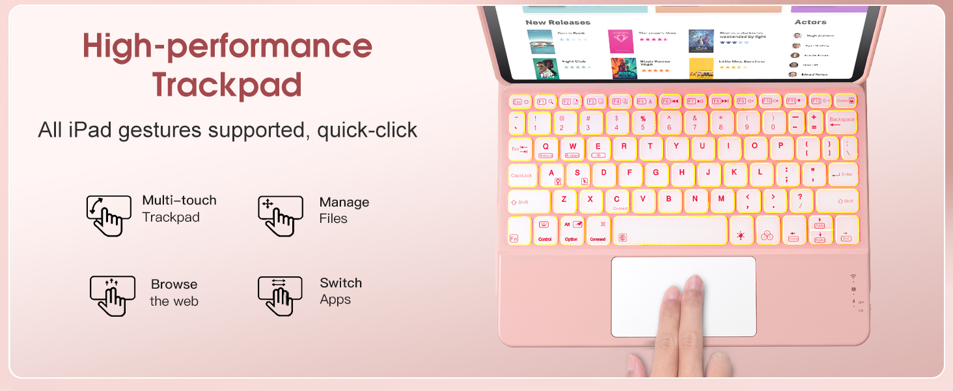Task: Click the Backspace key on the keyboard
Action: pos(841,121)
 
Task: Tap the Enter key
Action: pos(843,175)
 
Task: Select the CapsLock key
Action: pos(521,175)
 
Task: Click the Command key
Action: pos(598,231)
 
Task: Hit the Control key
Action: pos(545,231)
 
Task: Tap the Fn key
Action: pos(519,231)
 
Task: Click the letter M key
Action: pos(721,200)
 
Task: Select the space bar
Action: pos(669,231)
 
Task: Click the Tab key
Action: pos(519,149)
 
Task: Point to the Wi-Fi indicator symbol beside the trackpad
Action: pos(853,277)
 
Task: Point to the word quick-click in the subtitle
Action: pos(367,130)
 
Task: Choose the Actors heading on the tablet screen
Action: pos(810,22)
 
